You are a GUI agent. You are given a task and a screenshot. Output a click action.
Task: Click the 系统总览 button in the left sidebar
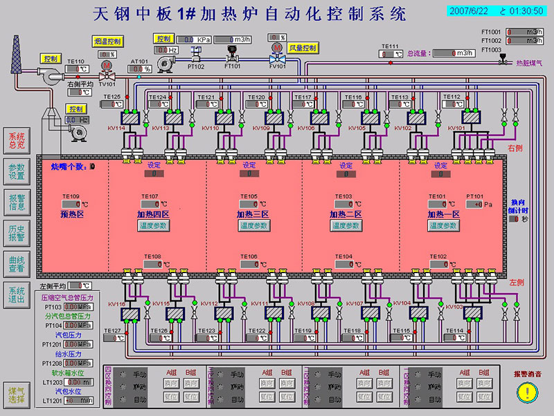(16, 141)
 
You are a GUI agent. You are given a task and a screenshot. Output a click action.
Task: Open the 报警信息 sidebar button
(16, 202)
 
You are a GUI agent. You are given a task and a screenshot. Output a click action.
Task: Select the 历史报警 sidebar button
(16, 232)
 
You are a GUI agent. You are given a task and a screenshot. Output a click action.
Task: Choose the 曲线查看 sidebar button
(16, 263)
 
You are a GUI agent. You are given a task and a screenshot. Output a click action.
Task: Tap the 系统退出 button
(16, 295)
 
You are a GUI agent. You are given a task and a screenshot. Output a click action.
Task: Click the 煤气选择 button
(16, 395)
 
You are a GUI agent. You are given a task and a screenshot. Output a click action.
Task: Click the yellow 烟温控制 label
(107, 42)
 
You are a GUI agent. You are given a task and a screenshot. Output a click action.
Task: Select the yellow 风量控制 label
(303, 48)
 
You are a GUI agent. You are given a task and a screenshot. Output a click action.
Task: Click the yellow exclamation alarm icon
(528, 392)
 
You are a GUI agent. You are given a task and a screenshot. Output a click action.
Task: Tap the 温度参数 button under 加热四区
(153, 226)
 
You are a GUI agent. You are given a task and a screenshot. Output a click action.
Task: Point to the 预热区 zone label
(72, 215)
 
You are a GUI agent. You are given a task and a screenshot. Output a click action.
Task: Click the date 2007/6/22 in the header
(467, 11)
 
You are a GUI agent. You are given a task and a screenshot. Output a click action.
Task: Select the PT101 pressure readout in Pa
(479, 205)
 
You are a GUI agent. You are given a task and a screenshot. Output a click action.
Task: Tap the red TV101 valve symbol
(107, 67)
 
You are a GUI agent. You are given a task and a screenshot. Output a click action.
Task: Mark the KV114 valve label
(116, 128)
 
